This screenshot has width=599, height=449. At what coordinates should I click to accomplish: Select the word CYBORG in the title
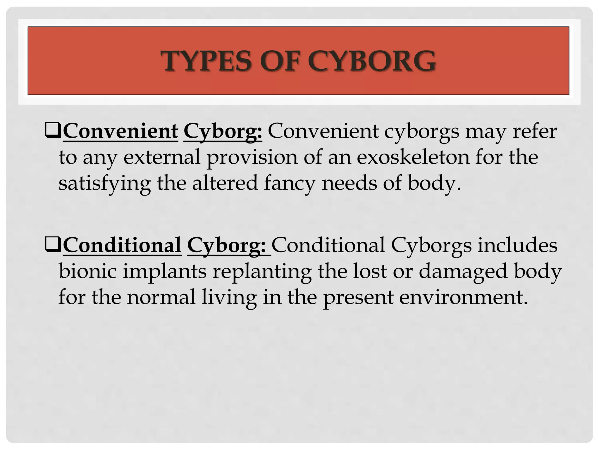371,61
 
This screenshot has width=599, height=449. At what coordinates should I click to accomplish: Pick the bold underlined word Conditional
122,245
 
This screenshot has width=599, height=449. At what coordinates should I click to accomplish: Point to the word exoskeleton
413,157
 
